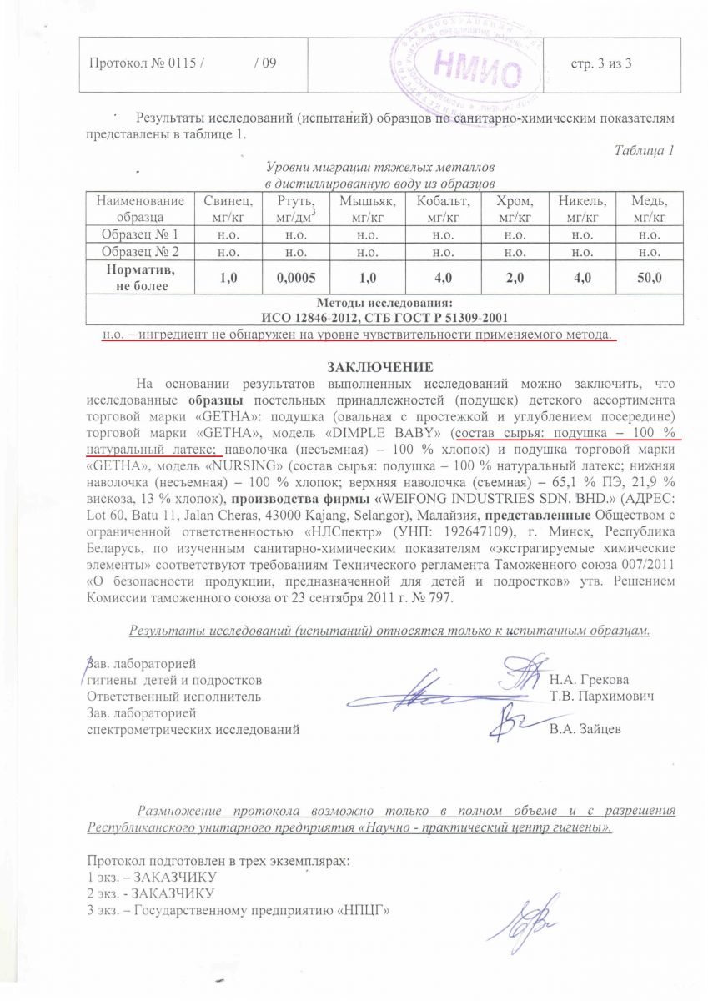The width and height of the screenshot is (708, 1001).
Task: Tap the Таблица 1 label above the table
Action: (x=643, y=151)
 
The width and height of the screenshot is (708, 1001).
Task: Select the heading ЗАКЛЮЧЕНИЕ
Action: (x=379, y=367)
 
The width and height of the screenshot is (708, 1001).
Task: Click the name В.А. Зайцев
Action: (x=585, y=729)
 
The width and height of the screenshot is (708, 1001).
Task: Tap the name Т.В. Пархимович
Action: (x=600, y=695)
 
